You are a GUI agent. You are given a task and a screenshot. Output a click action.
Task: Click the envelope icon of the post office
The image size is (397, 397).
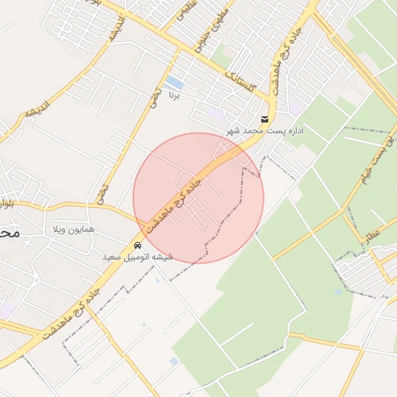[265, 119]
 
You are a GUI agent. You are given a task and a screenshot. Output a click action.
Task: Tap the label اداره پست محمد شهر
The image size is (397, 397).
[265, 130]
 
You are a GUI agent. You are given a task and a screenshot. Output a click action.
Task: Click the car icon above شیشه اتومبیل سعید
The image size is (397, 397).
[138, 245]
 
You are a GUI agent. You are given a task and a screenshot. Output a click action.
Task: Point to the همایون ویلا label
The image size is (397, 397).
[73, 230]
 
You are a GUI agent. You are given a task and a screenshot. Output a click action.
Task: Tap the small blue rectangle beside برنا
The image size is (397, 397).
[174, 82]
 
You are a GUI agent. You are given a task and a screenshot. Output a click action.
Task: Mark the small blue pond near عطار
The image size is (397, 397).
[338, 292]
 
